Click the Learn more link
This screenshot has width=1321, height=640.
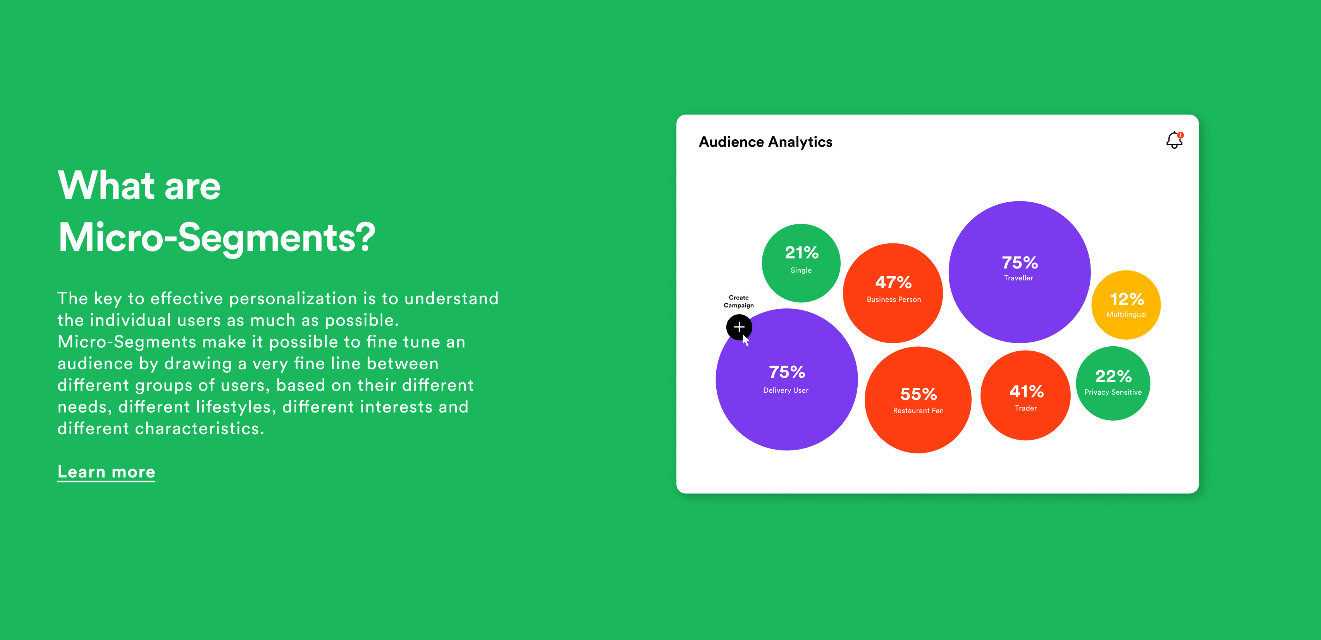coord(106,472)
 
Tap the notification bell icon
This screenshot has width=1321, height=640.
coord(1174,140)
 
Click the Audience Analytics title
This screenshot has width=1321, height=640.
coord(765,142)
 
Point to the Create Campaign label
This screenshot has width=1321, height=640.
coord(738,301)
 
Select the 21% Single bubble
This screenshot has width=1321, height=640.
coord(801,263)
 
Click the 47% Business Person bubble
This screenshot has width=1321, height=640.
coord(893,293)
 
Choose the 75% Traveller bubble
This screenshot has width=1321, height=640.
coord(1020,272)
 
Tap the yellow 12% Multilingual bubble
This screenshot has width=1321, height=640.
coord(1126,305)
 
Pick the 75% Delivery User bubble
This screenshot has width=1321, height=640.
coord(787,379)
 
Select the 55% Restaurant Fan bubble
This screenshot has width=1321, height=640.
coord(918,400)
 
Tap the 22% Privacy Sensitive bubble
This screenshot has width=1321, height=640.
coord(1113,383)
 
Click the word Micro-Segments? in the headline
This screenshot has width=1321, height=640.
coord(217,238)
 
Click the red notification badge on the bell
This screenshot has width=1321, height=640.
coord(1180,135)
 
